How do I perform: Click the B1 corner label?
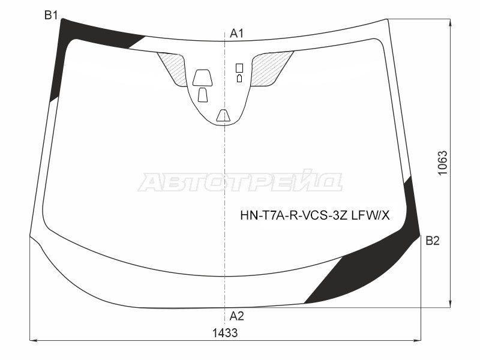coord(51,14)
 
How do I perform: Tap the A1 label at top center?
coord(236,33)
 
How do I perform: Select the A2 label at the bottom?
coord(236,316)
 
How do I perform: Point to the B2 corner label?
coord(433,241)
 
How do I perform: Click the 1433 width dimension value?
coord(225,332)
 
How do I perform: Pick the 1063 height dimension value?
coord(443,163)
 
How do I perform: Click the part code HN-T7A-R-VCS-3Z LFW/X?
coord(315,216)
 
